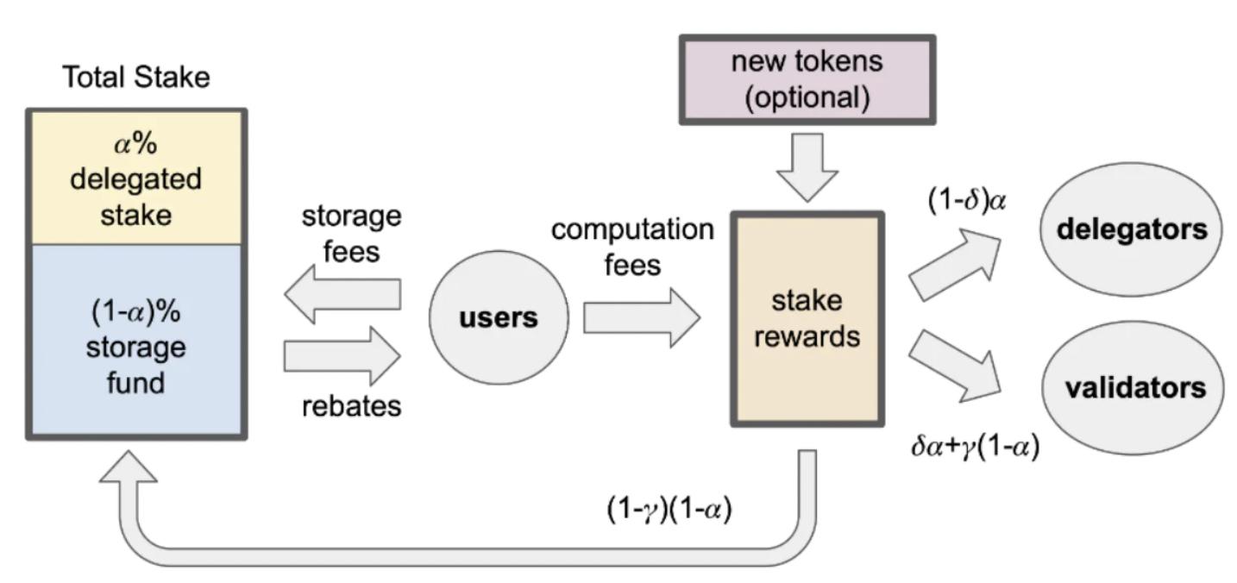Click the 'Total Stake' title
click(136, 78)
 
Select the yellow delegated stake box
click(136, 179)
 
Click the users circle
click(499, 317)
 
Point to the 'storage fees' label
click(351, 233)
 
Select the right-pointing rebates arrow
click(342, 354)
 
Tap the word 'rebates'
click(351, 405)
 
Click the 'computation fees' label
click(632, 247)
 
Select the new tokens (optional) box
click(807, 79)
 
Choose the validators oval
click(1134, 388)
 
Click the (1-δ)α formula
click(966, 199)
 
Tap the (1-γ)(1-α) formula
click(669, 510)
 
